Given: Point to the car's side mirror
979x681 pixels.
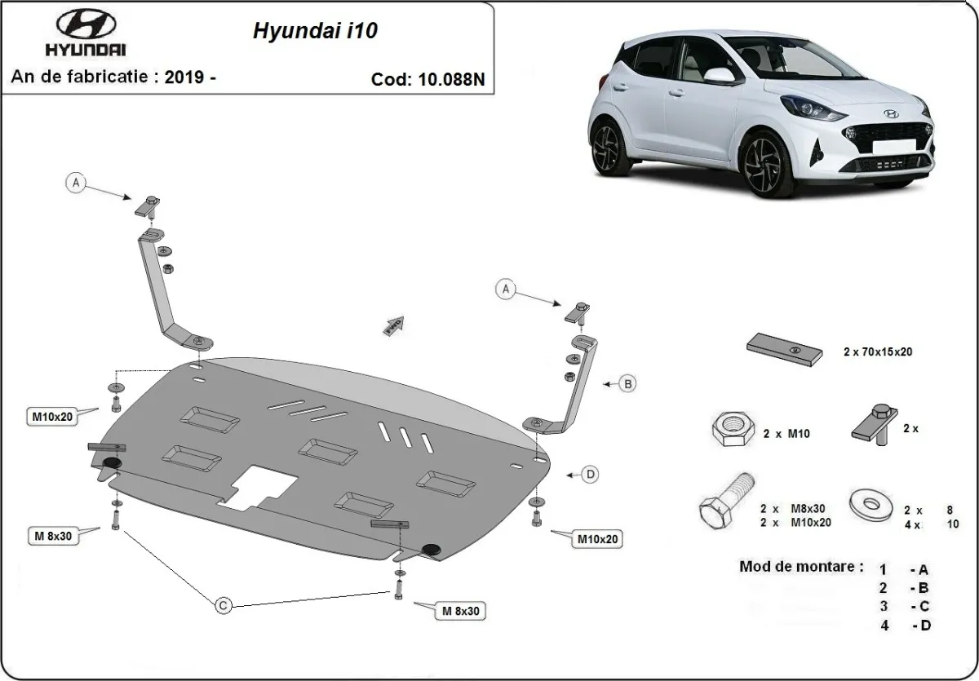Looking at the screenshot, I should pyautogui.click(x=717, y=76).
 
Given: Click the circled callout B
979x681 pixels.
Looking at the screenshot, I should pyautogui.click(x=627, y=383).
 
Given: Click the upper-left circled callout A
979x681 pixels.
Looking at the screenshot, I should pyautogui.click(x=76, y=184).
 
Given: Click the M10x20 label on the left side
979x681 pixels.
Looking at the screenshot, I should pyautogui.click(x=53, y=417).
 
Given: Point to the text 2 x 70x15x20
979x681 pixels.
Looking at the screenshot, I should pyautogui.click(x=877, y=352).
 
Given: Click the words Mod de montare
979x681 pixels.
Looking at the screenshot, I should pyautogui.click(x=800, y=565).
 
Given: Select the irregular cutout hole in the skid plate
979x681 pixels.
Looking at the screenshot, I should pyautogui.click(x=260, y=487).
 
